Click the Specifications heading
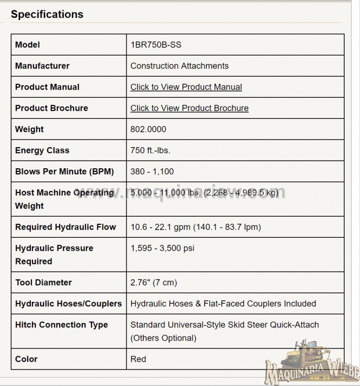coord(47,14)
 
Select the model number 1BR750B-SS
coord(156,45)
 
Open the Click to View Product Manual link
coord(186,87)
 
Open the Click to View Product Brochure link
coord(189,108)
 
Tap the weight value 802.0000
coord(148,129)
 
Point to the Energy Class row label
coord(42,150)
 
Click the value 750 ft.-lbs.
coord(150,150)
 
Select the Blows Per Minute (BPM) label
coord(64,171)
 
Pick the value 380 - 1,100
coord(152,171)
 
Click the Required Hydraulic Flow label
coord(65,227)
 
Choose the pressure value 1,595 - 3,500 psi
coord(163,248)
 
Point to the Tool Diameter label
coord(43,283)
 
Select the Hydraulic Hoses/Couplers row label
coord(68,304)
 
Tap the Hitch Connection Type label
coord(61,325)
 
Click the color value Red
coord(138,359)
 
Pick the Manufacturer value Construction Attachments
coord(179,66)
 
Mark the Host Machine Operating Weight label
coord(64,199)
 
